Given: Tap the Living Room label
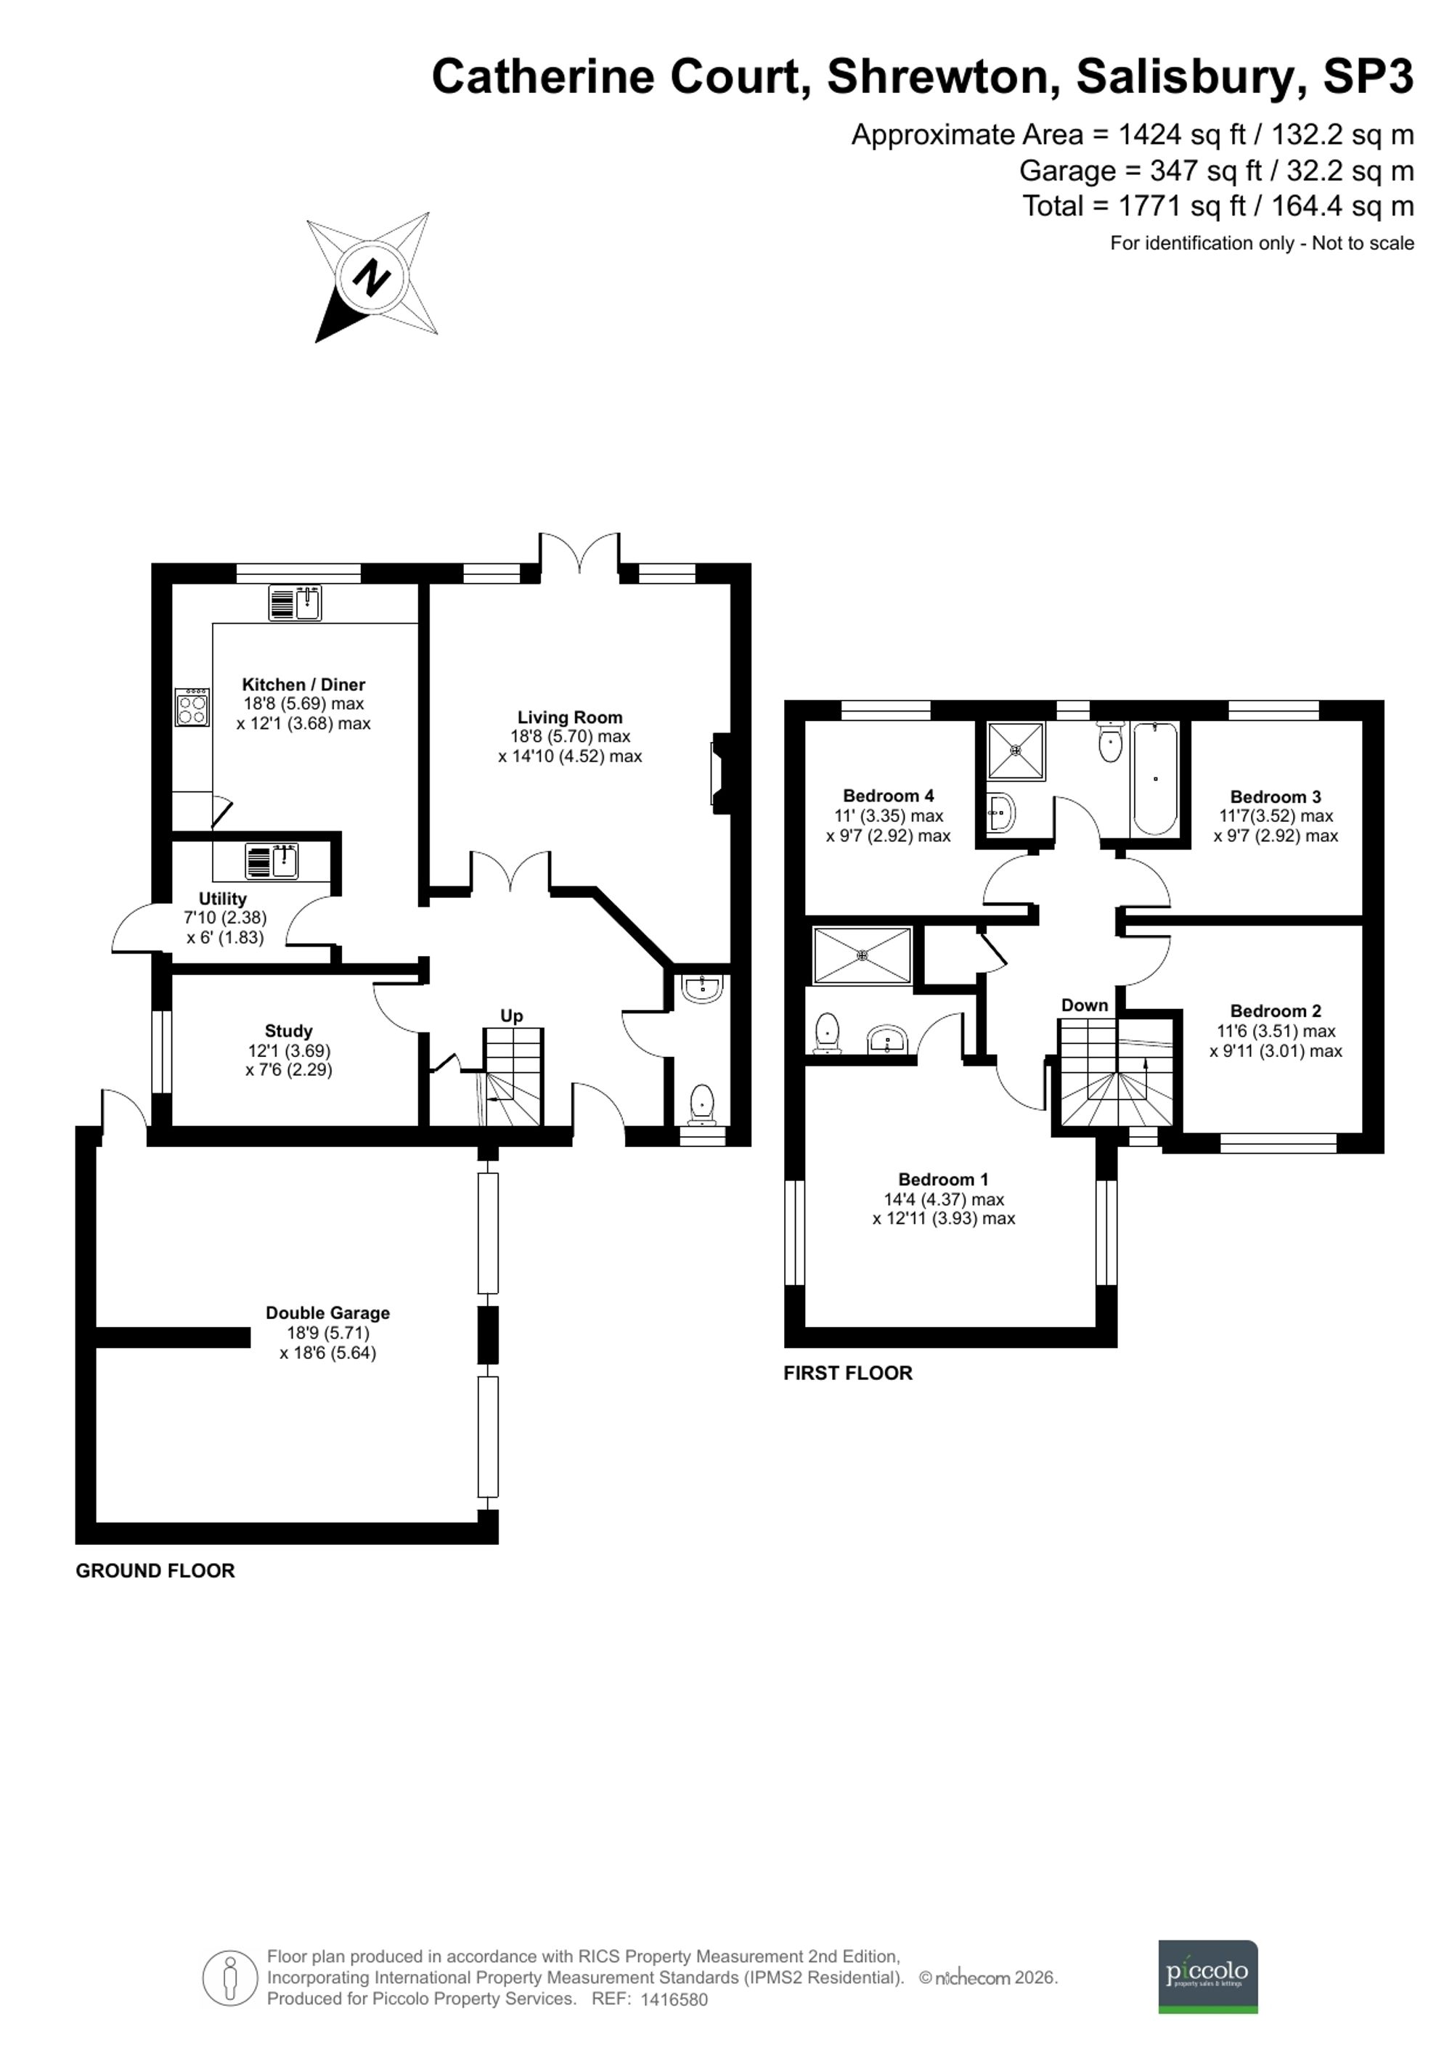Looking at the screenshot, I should pyautogui.click(x=569, y=717).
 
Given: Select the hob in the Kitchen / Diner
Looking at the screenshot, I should pyautogui.click(x=192, y=707).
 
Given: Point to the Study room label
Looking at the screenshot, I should pyautogui.click(x=288, y=1031).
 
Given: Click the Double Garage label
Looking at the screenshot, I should pyautogui.click(x=327, y=1313).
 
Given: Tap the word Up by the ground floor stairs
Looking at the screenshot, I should pyautogui.click(x=511, y=1016).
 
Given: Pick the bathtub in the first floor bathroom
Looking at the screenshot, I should pyautogui.click(x=1154, y=778).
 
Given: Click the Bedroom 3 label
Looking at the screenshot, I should pyautogui.click(x=1275, y=796).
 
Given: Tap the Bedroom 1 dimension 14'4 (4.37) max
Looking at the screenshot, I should pyautogui.click(x=944, y=1199).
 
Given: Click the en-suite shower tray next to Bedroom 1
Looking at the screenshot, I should pyautogui.click(x=862, y=956).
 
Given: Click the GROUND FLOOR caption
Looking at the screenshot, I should pyautogui.click(x=155, y=1571).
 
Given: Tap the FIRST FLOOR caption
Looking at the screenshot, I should pyautogui.click(x=847, y=1374).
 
